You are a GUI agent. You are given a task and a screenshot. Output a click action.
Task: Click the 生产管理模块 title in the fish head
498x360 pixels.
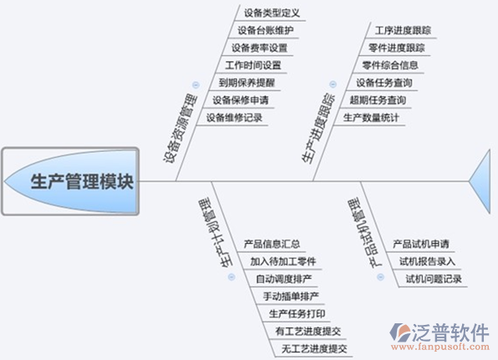coord(82,181)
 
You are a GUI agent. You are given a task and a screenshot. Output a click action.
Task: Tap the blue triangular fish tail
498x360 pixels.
coord(483,181)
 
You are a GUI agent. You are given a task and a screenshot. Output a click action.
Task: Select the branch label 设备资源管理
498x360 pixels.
coord(180,128)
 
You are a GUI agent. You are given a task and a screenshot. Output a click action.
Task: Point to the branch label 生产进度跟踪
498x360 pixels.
coord(318,128)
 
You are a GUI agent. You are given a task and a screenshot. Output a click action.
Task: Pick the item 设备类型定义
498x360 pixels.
coord(272,13)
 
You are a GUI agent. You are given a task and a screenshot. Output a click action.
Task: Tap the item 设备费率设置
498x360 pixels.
coord(259,48)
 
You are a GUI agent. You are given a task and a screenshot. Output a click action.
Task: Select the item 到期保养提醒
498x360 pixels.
coord(246,83)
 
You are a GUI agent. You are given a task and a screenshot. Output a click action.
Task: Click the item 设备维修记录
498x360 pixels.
coord(234,118)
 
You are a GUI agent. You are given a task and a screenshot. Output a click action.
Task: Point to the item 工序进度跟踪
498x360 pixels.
coord(403,30)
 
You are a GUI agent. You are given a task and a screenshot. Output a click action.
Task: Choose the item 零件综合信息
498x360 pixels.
coord(390,65)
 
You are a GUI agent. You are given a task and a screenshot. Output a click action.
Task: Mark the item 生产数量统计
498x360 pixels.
coord(371,118)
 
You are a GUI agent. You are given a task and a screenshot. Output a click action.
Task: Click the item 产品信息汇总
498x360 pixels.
coord(272,244)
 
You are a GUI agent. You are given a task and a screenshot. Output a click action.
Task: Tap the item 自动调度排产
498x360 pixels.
coord(283,279)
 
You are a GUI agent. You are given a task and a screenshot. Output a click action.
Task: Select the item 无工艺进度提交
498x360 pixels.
coord(314,348)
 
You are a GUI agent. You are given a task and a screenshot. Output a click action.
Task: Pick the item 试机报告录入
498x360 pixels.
coord(427,261)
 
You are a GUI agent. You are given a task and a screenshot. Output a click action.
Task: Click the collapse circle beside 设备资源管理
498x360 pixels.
coord(196,84)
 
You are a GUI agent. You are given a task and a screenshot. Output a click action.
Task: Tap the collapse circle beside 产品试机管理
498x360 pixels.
coord(380,277)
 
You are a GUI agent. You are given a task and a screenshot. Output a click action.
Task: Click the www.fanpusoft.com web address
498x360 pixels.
coord(440,347)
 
